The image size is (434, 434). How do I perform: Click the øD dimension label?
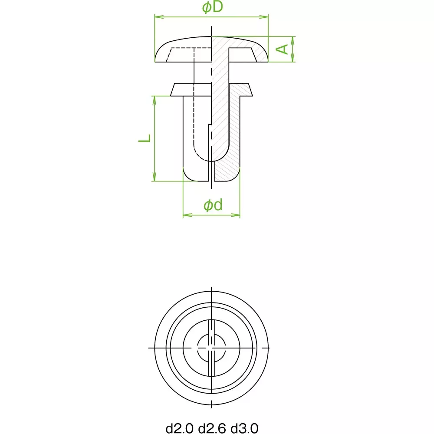[x=213, y=7]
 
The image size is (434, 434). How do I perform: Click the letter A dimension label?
[x=282, y=49]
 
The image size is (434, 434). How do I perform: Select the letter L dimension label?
[x=145, y=138]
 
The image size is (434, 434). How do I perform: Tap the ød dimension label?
[x=213, y=205]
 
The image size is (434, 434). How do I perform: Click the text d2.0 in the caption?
[x=179, y=428]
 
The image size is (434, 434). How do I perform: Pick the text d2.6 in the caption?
[x=212, y=428]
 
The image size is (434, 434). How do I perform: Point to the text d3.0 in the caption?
[x=245, y=428]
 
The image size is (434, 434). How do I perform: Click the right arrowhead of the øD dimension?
[x=264, y=17]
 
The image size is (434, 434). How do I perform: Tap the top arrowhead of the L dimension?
[x=154, y=101]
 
